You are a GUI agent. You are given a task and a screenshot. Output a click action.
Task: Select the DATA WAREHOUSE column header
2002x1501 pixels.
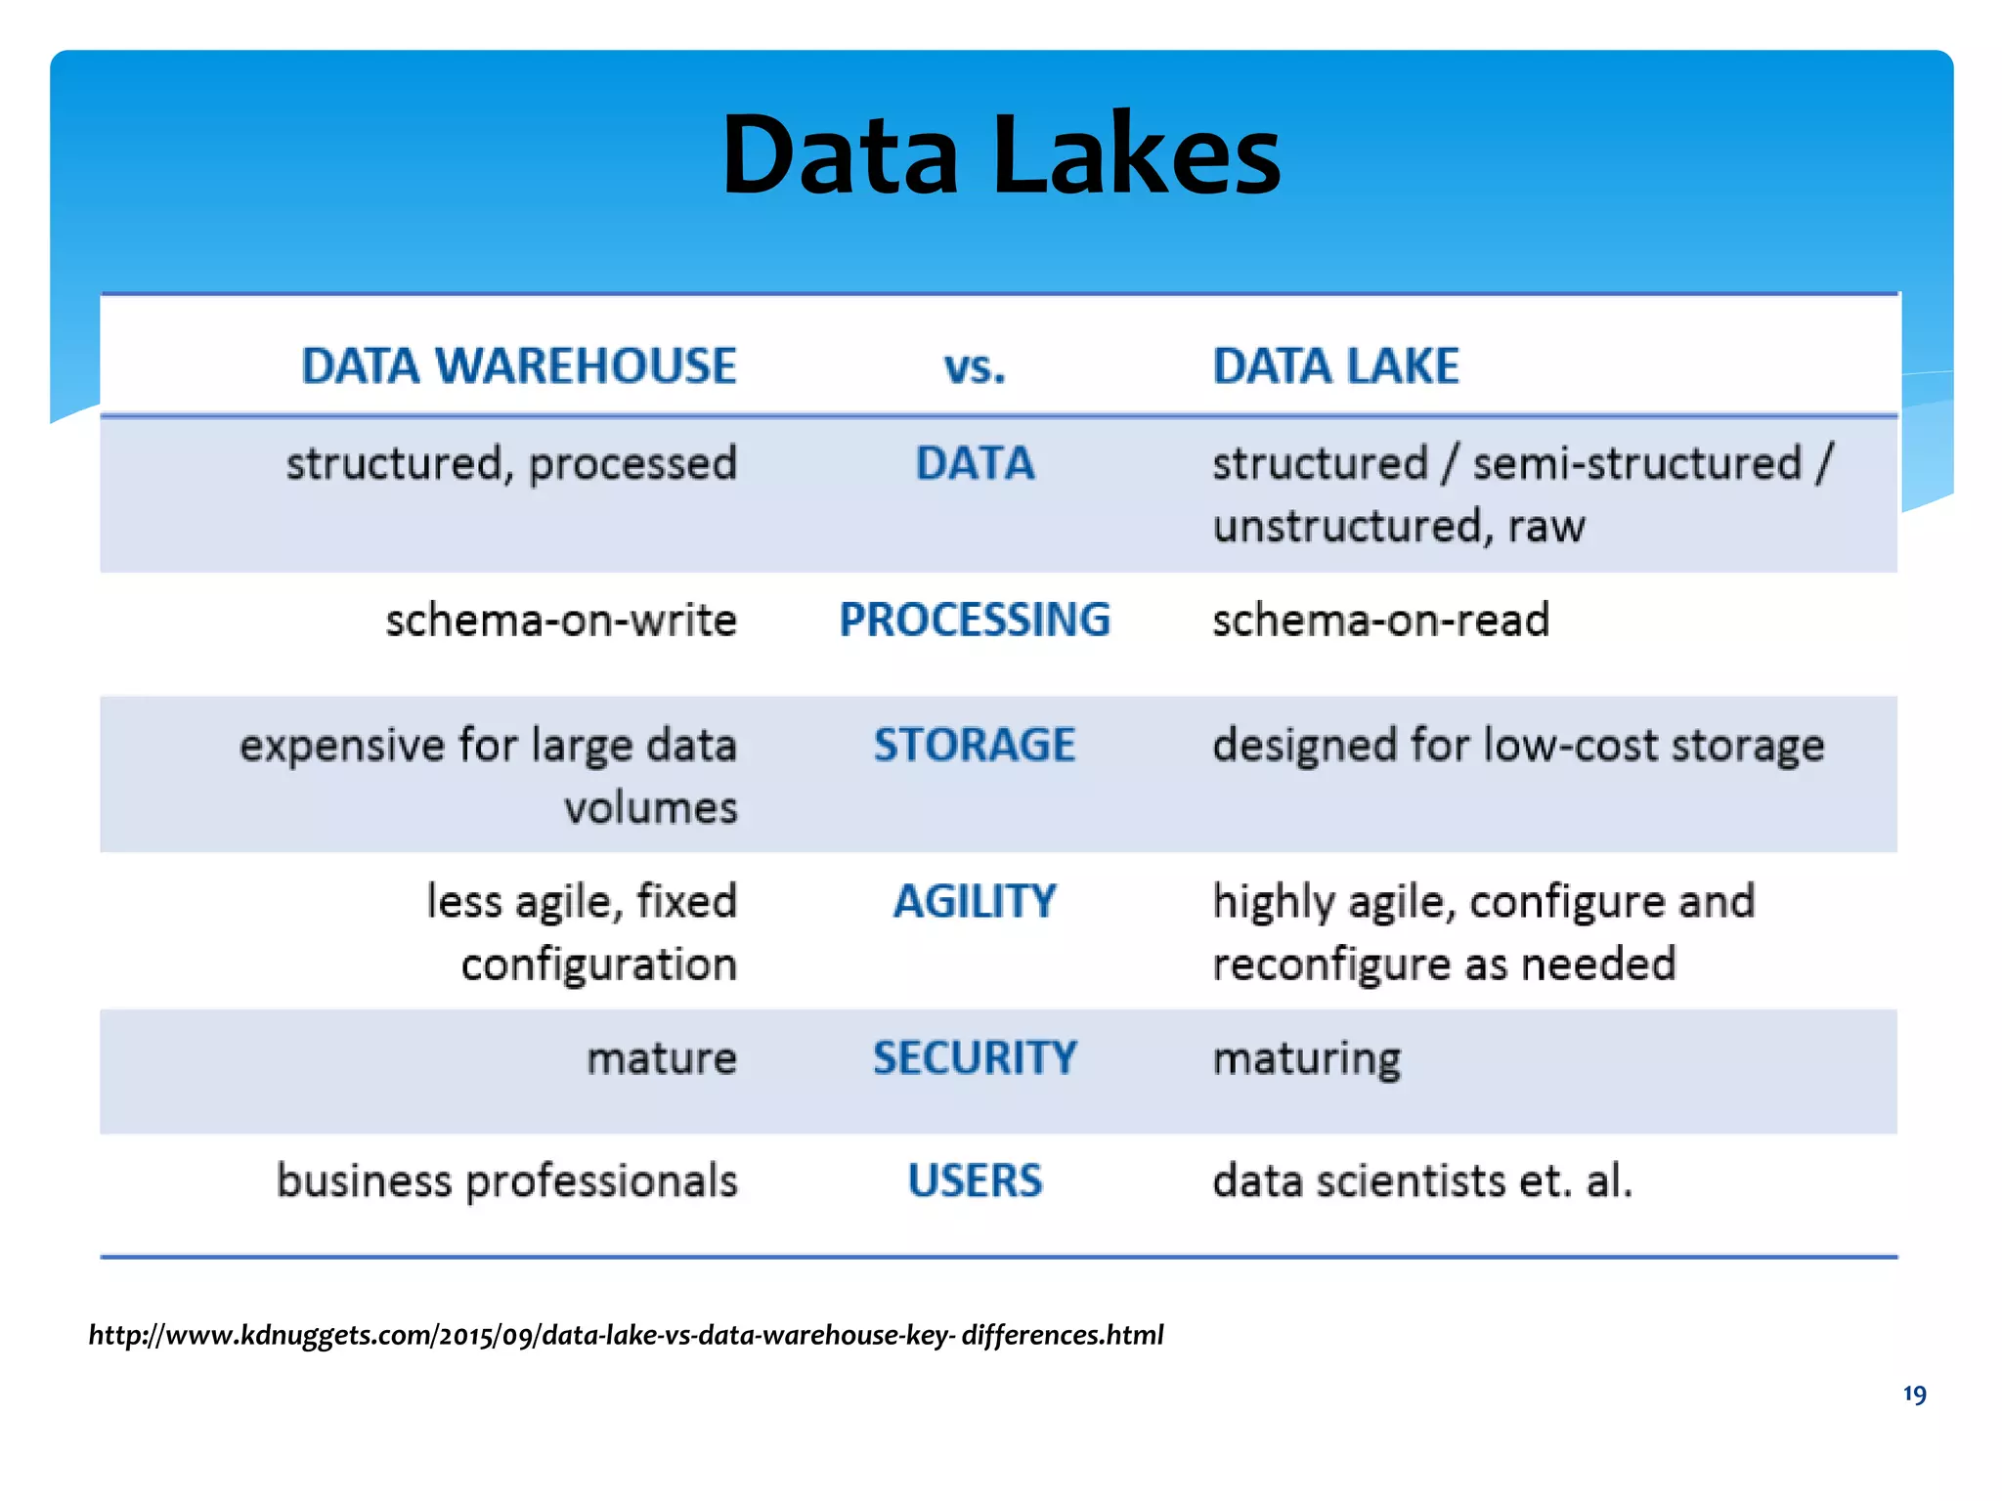518,366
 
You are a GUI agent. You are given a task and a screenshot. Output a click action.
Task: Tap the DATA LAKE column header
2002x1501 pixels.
1335,366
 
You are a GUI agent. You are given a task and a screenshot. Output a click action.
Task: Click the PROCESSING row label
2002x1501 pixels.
975,620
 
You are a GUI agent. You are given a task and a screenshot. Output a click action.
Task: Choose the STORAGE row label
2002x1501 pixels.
975,745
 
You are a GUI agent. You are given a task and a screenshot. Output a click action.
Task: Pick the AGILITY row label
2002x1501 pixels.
975,901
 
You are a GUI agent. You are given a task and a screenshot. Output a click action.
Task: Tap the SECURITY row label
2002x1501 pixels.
975,1057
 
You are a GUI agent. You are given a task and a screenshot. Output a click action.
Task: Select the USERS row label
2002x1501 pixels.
975,1180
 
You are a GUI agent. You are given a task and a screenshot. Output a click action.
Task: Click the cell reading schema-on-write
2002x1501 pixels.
561,620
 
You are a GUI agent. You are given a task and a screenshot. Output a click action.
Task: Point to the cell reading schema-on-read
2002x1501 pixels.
1380,620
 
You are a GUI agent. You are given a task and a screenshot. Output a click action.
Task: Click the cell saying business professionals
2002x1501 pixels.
506,1180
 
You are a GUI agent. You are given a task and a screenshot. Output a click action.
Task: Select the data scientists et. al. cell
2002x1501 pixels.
1422,1180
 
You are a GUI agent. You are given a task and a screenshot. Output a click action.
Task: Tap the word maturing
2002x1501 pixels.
1306,1058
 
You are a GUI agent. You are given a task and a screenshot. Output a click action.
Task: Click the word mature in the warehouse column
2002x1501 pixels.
662,1058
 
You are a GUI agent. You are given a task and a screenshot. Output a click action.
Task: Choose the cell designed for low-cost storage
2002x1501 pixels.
1518,746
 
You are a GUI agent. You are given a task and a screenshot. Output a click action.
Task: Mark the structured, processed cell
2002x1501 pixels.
511,463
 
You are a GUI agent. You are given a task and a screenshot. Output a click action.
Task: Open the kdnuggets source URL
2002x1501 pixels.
626,1335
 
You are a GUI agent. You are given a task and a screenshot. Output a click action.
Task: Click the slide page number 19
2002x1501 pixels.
1914,1394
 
